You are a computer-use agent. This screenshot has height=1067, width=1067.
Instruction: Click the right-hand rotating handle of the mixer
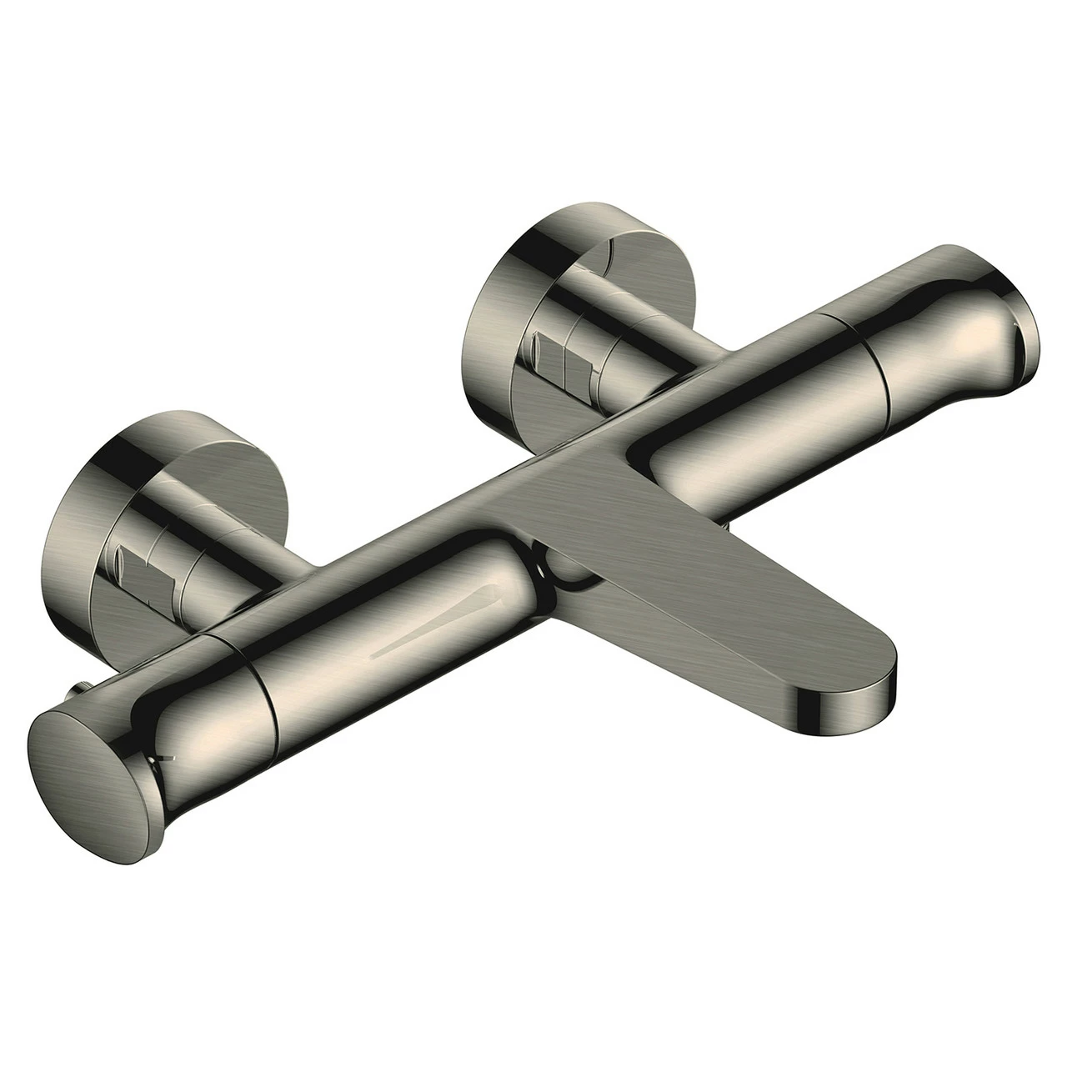[x=942, y=350]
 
